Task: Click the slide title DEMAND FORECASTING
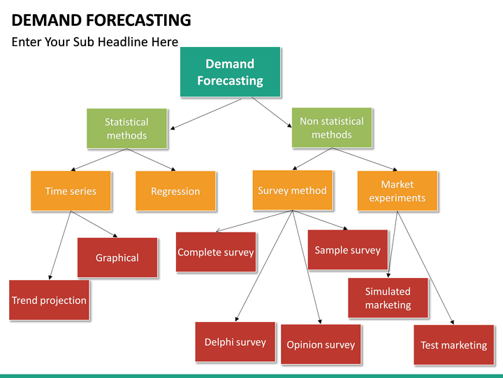(x=101, y=20)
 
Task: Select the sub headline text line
(x=94, y=42)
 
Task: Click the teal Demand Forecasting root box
(x=230, y=72)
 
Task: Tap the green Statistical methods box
(x=126, y=128)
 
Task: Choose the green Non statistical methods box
(x=332, y=127)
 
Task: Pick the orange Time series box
(x=71, y=191)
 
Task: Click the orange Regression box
(x=175, y=191)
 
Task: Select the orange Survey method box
(x=292, y=190)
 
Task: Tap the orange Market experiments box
(x=397, y=190)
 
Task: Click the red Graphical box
(x=117, y=258)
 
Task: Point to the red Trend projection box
(x=49, y=300)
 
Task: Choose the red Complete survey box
(x=216, y=252)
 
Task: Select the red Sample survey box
(x=347, y=250)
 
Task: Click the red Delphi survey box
(x=235, y=342)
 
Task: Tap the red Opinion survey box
(x=321, y=344)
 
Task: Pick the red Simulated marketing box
(x=388, y=298)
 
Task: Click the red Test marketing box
(x=453, y=345)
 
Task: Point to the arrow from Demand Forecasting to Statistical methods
(x=206, y=113)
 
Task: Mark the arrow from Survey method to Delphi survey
(x=265, y=266)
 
